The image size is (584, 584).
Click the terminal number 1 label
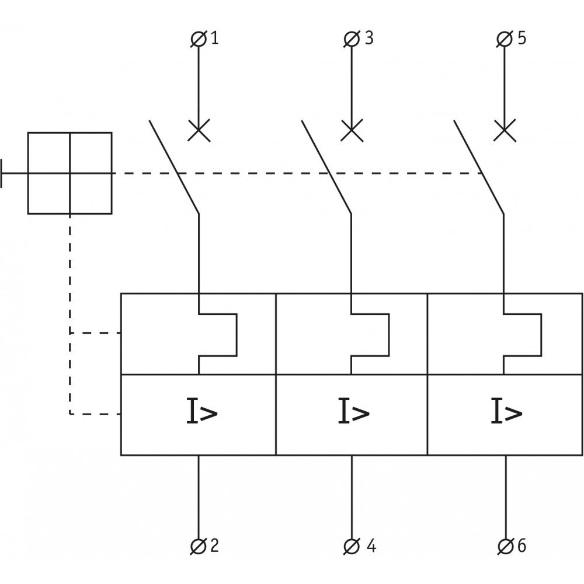pyautogui.click(x=214, y=38)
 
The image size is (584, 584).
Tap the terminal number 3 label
pyautogui.click(x=369, y=38)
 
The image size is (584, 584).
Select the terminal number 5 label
pyautogui.click(x=522, y=38)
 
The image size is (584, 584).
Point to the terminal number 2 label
pyautogui.click(x=214, y=545)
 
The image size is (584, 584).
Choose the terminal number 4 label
pyautogui.click(x=371, y=545)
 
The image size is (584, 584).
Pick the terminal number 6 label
pyautogui.click(x=522, y=545)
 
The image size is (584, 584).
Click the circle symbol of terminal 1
pyautogui.click(x=199, y=39)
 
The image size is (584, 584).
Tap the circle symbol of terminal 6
pyautogui.click(x=505, y=547)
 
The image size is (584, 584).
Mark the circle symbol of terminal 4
pyautogui.click(x=352, y=547)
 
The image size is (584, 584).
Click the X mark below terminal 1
pyautogui.click(x=199, y=130)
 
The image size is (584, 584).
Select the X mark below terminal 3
pyautogui.click(x=352, y=130)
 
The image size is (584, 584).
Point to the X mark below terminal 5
pyautogui.click(x=505, y=130)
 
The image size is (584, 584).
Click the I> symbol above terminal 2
pyautogui.click(x=201, y=411)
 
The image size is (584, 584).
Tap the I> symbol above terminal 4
pyautogui.click(x=354, y=411)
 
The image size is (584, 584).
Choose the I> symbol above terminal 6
pyautogui.click(x=506, y=411)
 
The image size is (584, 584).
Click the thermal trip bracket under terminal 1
pyautogui.click(x=237, y=335)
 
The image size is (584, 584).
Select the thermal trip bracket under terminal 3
pyautogui.click(x=389, y=335)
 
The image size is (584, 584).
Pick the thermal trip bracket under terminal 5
pyautogui.click(x=541, y=335)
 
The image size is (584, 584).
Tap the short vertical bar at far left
pyautogui.click(x=1, y=173)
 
